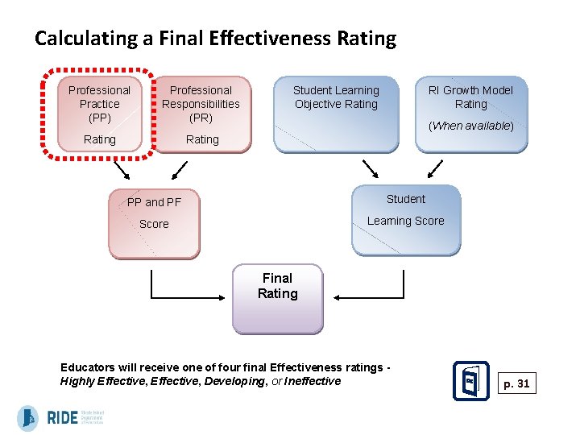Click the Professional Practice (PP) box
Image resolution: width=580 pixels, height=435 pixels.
pos(99,114)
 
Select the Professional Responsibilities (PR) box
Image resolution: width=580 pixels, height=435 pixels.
pos(201,114)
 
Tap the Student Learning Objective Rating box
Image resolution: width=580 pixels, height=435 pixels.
pos(336,113)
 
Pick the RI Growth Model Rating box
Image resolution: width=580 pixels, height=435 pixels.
pos(471,113)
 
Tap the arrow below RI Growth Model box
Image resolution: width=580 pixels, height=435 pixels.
pos(434,169)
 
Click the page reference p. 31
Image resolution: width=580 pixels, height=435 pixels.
pos(516,383)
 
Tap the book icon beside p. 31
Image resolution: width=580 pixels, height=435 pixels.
pos(471,381)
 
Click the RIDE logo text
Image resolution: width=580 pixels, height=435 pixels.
pos(63,417)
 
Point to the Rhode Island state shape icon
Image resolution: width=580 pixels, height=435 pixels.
pos(28,418)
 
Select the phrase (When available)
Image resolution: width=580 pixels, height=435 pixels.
pos(471,126)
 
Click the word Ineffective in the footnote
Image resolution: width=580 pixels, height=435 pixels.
pos(313,381)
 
